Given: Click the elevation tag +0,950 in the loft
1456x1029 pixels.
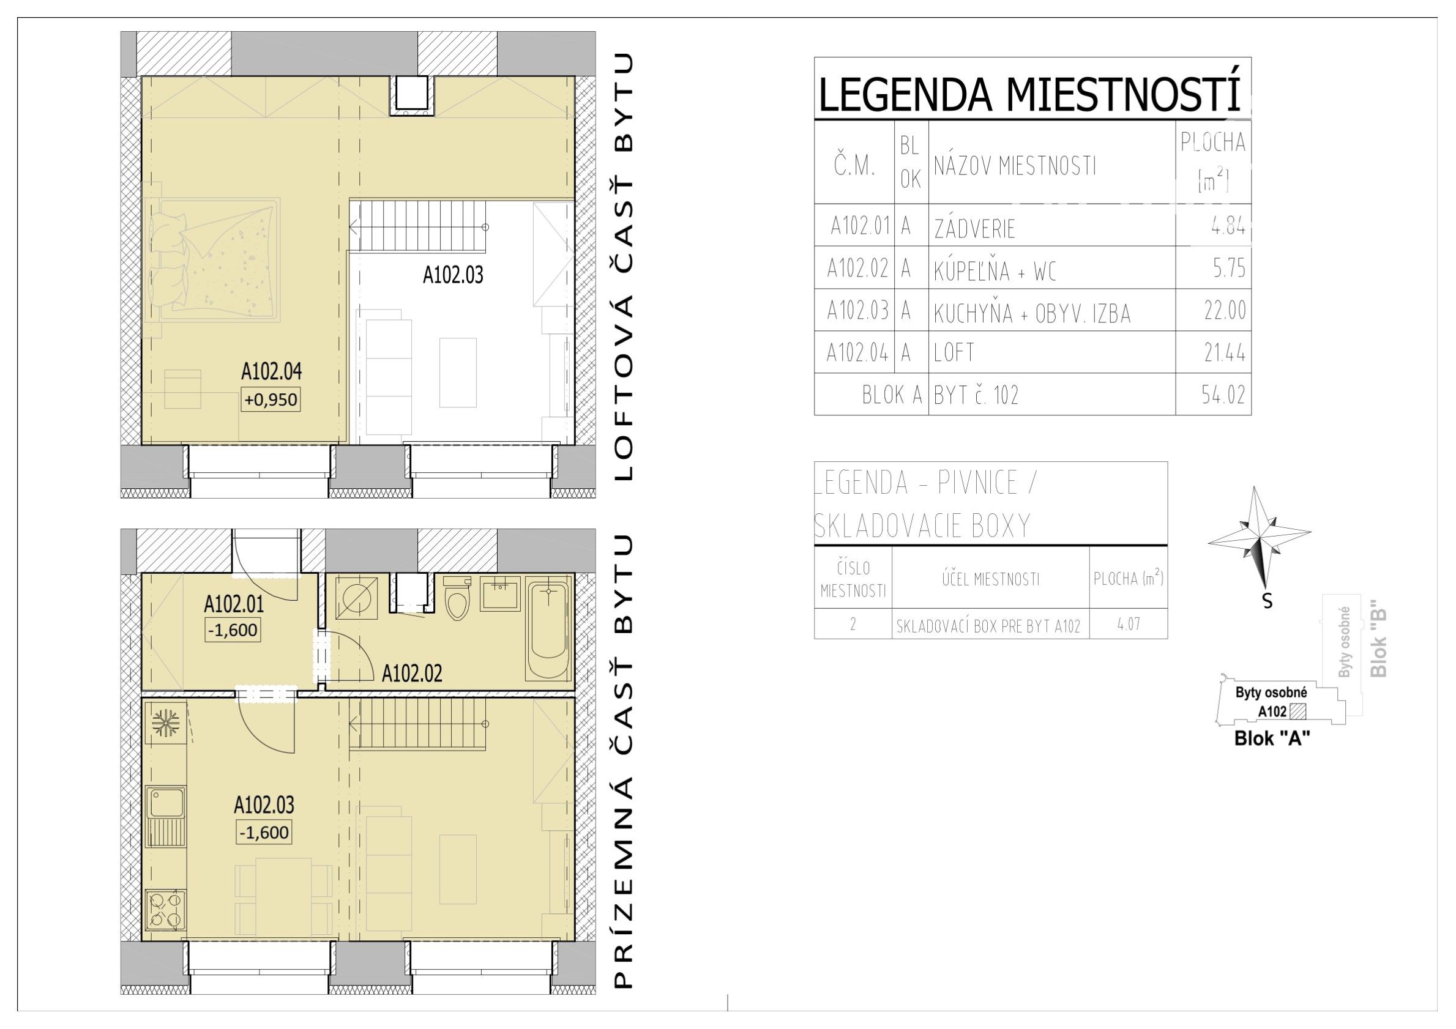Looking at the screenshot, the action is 271,399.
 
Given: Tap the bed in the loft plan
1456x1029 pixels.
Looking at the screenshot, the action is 212,260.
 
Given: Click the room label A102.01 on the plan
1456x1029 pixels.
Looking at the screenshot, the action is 233,604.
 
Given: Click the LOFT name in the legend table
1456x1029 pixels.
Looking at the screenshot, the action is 954,352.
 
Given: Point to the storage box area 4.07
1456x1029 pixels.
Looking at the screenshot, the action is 1129,624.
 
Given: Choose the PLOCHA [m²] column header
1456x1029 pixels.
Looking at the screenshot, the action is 1212,162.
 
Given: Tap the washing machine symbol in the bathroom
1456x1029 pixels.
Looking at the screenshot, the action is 353,598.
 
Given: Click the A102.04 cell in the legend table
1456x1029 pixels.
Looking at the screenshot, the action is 857,352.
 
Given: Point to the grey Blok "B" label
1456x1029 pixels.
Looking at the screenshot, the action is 1379,643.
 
